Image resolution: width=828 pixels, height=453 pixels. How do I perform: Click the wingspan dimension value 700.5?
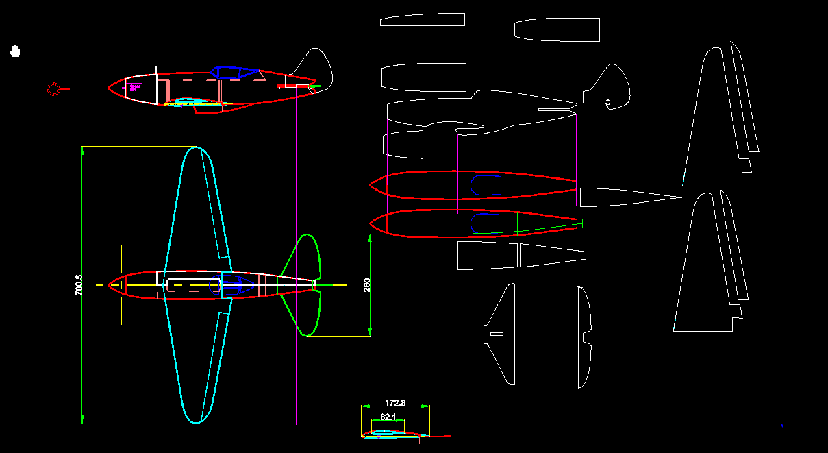(x=78, y=285)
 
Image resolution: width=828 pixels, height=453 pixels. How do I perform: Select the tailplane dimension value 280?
(x=367, y=284)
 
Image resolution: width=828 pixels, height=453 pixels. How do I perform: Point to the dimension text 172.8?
(x=396, y=403)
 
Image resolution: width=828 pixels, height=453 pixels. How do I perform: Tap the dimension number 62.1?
(x=388, y=417)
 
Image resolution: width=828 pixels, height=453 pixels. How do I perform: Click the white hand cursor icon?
(x=16, y=51)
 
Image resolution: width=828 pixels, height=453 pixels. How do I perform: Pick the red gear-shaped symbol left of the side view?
(x=53, y=88)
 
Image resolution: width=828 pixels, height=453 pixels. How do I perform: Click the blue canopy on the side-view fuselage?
(x=235, y=71)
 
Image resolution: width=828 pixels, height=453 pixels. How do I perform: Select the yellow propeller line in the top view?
(x=121, y=284)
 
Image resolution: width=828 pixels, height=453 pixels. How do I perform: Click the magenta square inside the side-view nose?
(x=133, y=88)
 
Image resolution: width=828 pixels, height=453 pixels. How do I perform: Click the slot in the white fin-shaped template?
(x=497, y=334)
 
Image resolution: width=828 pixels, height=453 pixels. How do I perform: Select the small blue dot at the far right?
(x=782, y=426)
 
